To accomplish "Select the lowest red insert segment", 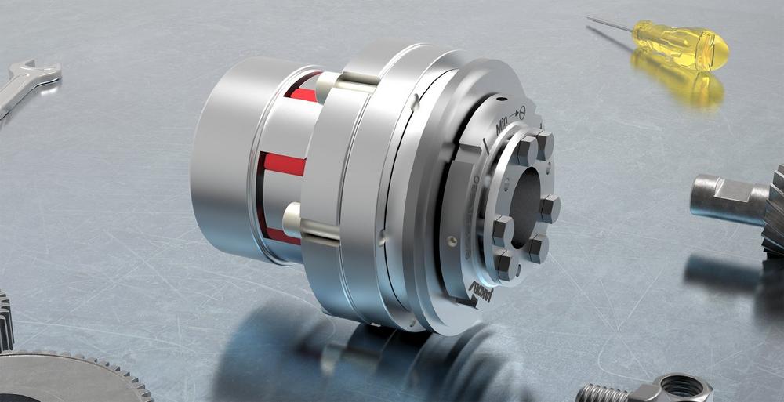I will point(282,235).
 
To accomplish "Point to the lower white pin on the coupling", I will point(292,220).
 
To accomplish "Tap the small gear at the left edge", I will point(6,321).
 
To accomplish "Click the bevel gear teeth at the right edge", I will point(775,208).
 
